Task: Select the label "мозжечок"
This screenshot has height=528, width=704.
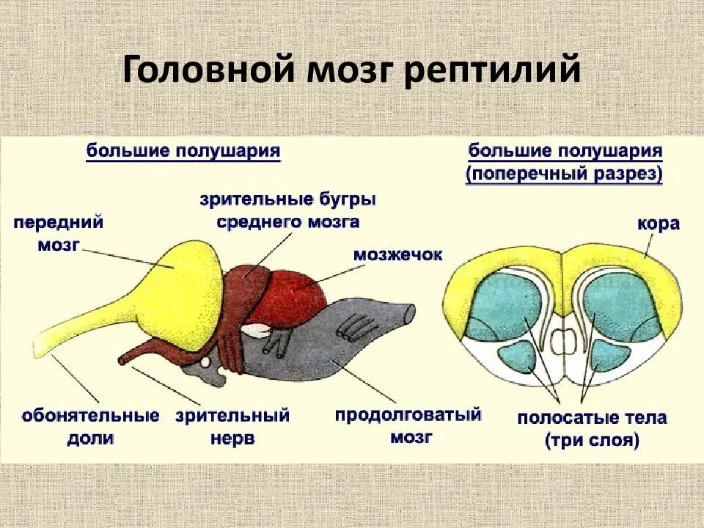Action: (x=398, y=254)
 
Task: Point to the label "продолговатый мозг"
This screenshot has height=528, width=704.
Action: (x=408, y=425)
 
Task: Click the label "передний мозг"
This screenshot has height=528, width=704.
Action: (x=57, y=232)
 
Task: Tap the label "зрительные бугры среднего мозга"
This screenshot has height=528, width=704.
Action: (x=288, y=210)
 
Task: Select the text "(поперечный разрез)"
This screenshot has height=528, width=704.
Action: (x=565, y=175)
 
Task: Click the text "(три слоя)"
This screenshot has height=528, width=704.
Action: (x=592, y=441)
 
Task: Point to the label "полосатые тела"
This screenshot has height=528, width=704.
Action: (x=592, y=419)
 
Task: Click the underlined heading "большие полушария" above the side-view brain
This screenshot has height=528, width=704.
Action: (x=183, y=151)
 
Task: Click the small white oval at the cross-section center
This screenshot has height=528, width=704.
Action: (x=563, y=340)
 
